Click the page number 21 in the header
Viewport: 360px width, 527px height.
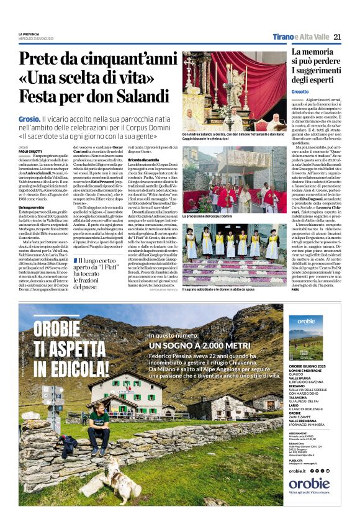tap(337, 37)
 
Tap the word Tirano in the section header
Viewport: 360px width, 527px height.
tap(284, 37)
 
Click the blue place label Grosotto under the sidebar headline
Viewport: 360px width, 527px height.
tap(301, 91)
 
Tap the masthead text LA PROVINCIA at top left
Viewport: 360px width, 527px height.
tap(29, 34)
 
